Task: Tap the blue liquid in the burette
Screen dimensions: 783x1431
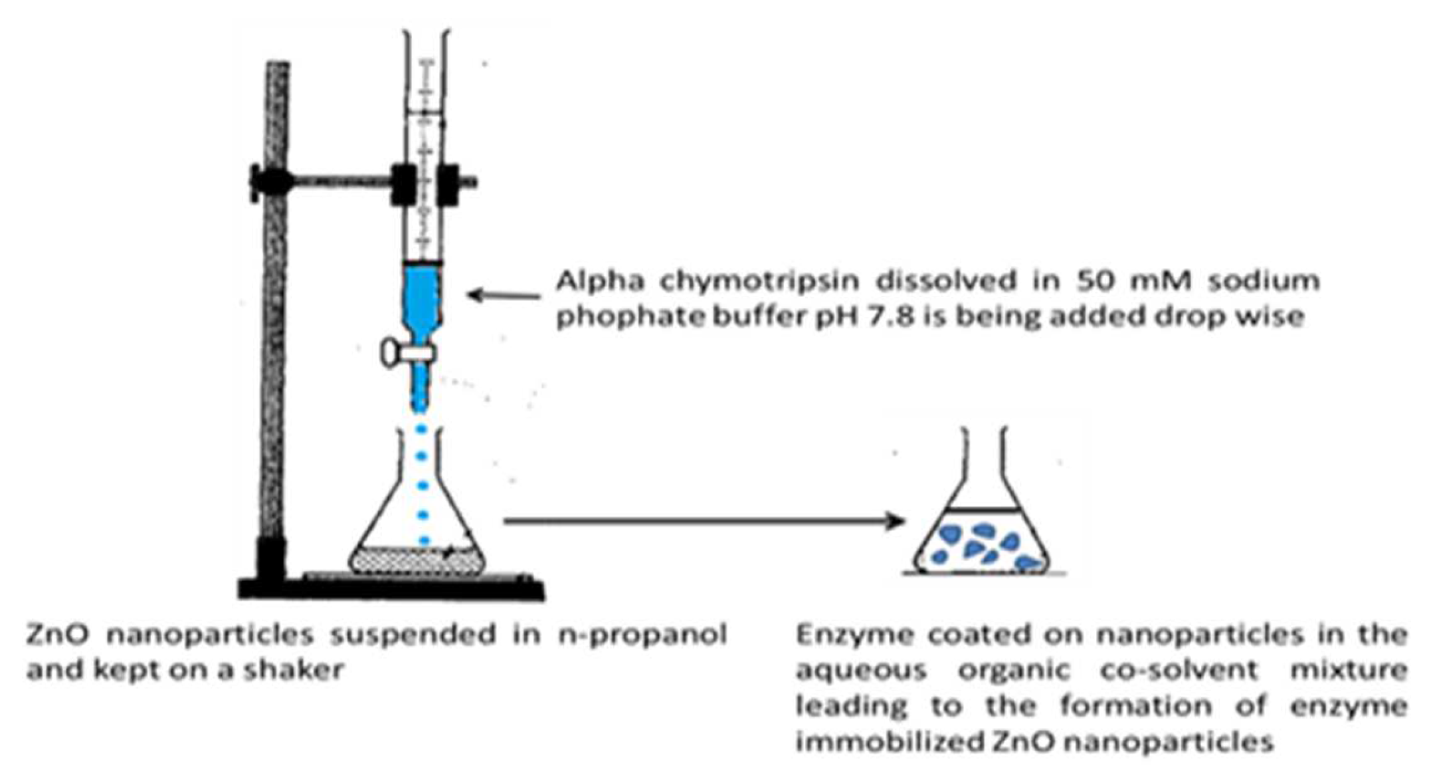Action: (x=421, y=299)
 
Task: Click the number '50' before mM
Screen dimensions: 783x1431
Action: (x=1056, y=282)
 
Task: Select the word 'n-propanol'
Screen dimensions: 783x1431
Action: (x=642, y=635)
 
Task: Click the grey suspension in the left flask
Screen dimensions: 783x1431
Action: (x=417, y=562)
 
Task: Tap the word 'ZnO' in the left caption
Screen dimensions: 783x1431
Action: (x=56, y=635)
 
